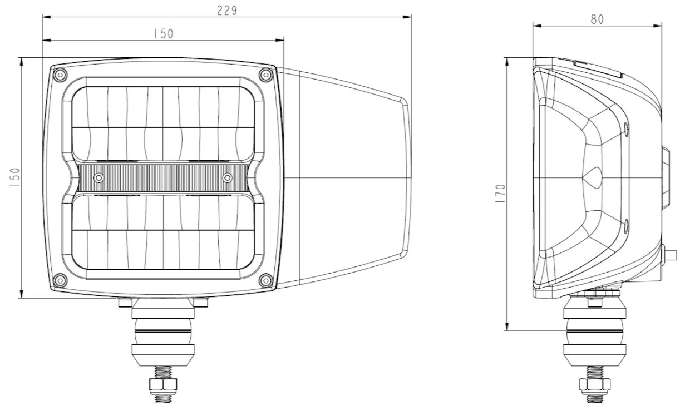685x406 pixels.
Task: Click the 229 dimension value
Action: coord(227,11)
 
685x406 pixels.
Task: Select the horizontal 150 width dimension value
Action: coord(164,34)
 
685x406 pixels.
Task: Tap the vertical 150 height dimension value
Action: coord(14,177)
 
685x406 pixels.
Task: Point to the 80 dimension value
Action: coord(597,19)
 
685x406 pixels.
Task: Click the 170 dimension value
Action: coord(501,194)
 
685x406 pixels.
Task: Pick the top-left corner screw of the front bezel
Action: coord(60,75)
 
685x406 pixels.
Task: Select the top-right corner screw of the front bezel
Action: coord(265,75)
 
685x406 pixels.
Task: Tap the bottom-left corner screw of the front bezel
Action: coord(60,280)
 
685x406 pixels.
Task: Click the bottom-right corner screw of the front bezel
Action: coord(265,280)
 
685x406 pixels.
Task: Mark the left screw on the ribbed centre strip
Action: coord(98,177)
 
